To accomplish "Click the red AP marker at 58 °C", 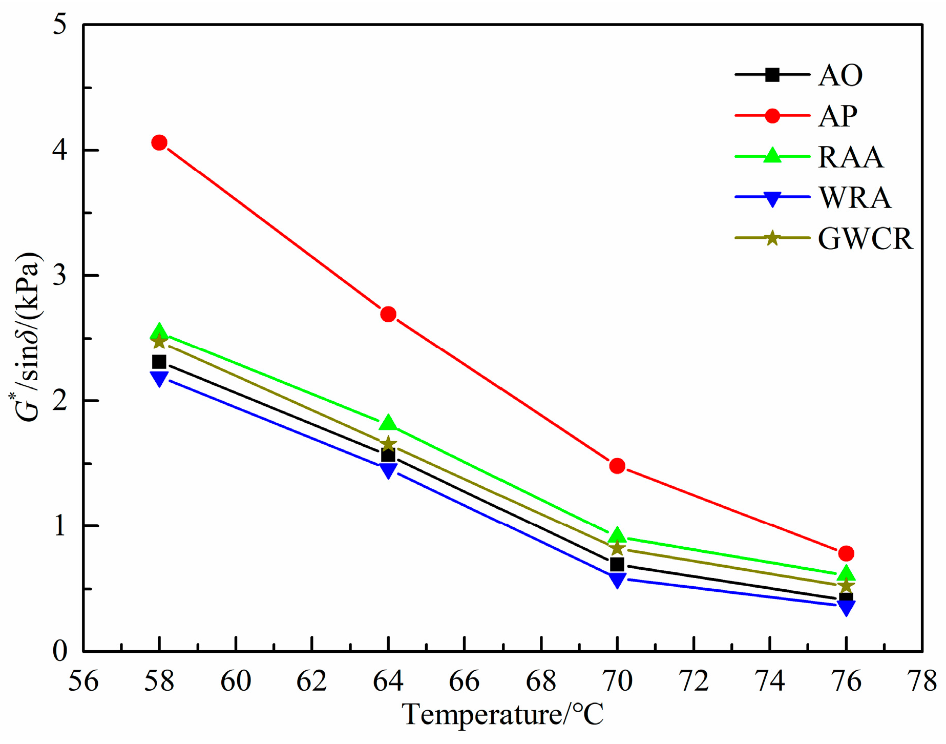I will [x=159, y=142].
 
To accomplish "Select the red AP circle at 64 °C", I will [x=388, y=314].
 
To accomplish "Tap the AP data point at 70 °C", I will [x=617, y=466].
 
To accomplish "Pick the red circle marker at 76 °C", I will [x=846, y=553].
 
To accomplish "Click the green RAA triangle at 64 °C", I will [x=388, y=423].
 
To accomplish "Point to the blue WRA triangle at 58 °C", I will [x=159, y=378].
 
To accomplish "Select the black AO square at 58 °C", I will [x=159, y=362].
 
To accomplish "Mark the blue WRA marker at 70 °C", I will [x=617, y=580].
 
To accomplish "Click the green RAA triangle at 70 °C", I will [x=617, y=535].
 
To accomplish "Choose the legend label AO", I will [x=840, y=76].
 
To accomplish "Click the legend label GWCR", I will [x=865, y=239].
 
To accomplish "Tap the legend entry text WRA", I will [x=854, y=198].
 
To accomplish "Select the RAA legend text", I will [x=851, y=157].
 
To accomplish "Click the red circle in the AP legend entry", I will [x=772, y=116].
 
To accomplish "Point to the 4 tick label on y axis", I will [x=60, y=151].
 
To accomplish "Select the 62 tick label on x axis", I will [x=312, y=682].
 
